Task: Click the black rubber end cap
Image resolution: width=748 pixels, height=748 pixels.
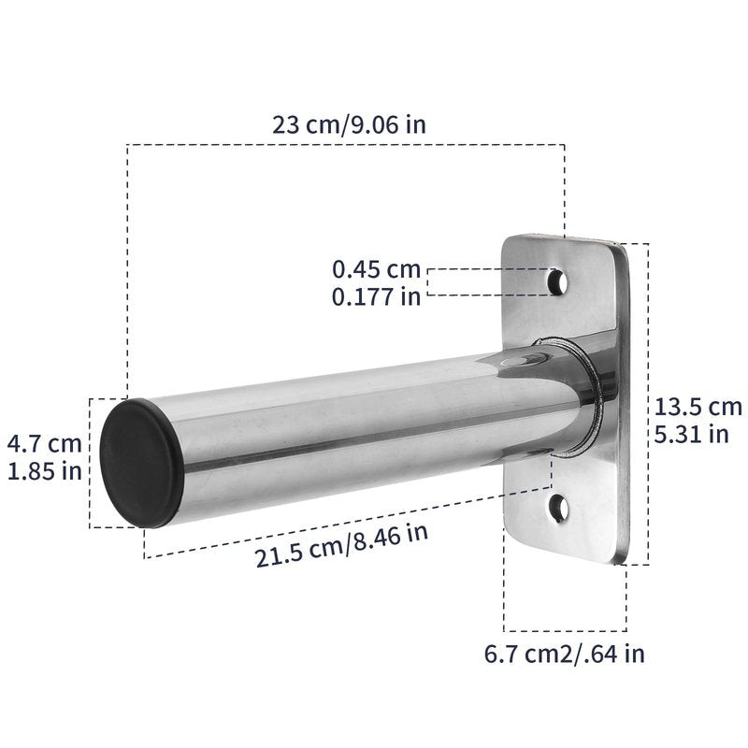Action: coord(141,463)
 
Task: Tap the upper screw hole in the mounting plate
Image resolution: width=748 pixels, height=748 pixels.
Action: coord(557,282)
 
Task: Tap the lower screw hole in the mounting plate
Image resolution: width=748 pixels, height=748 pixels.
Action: coord(558,508)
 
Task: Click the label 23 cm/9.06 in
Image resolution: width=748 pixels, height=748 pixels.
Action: coord(349,125)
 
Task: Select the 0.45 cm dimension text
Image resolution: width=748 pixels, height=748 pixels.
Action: coord(377,269)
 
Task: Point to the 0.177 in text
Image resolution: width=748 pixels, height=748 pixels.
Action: coord(377,296)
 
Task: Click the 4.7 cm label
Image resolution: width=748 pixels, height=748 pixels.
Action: coord(44,443)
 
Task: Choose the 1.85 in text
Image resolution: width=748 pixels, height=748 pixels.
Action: coord(45,471)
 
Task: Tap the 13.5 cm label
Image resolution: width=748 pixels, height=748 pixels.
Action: coord(698,407)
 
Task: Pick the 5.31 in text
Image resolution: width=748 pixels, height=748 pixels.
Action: coord(691,435)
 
